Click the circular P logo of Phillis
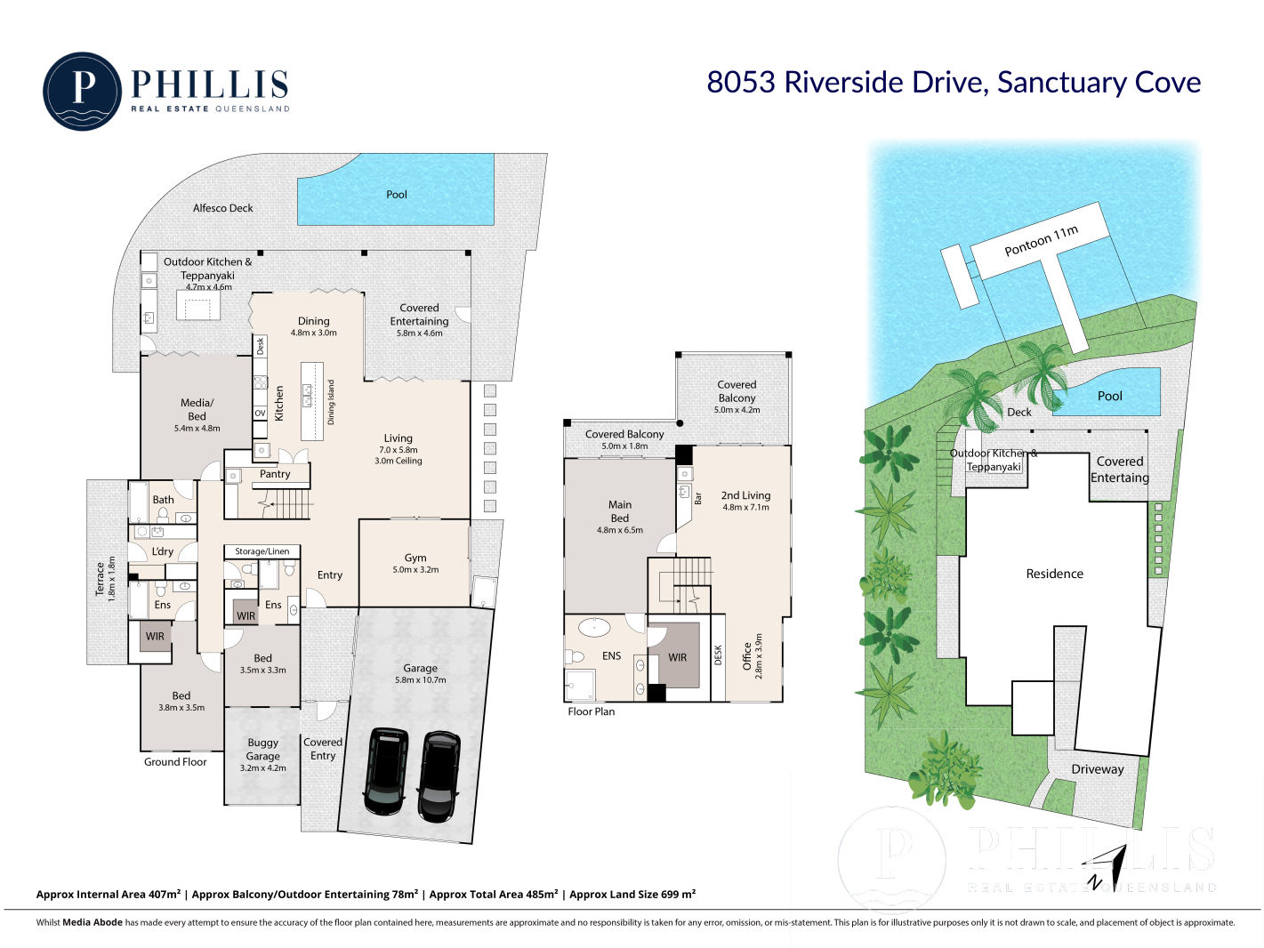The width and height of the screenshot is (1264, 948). pyautogui.click(x=83, y=92)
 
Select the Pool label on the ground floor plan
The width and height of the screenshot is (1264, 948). pyautogui.click(x=396, y=195)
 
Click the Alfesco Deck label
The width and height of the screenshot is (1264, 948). pyautogui.click(x=223, y=208)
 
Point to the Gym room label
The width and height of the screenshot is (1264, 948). pyautogui.click(x=415, y=558)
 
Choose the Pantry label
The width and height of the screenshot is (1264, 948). pyautogui.click(x=275, y=474)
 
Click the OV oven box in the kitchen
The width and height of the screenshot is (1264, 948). pyautogui.click(x=261, y=413)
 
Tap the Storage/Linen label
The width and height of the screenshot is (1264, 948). pyautogui.click(x=262, y=551)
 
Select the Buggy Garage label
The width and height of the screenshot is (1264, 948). pyautogui.click(x=262, y=749)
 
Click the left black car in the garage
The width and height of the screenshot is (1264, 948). pyautogui.click(x=386, y=771)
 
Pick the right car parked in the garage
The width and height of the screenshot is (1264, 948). pyautogui.click(x=439, y=775)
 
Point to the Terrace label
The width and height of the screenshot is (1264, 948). pyautogui.click(x=101, y=578)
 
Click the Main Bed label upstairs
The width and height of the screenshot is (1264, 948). pyautogui.click(x=620, y=511)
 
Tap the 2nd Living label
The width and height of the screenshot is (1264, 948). pyautogui.click(x=745, y=495)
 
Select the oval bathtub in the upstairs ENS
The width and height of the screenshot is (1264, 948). pyautogui.click(x=594, y=627)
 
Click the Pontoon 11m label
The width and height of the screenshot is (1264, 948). pyautogui.click(x=1041, y=241)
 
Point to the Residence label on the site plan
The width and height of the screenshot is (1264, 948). pyautogui.click(x=1054, y=574)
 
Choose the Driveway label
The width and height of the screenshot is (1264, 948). pyautogui.click(x=1098, y=769)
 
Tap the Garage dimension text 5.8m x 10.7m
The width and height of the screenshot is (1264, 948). pyautogui.click(x=421, y=679)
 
